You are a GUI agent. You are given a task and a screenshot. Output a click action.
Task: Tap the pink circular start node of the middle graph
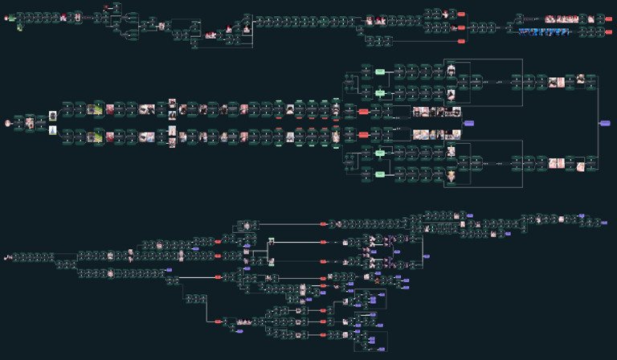pos(8,123)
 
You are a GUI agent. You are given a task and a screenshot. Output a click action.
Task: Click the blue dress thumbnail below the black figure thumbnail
pos(53,130)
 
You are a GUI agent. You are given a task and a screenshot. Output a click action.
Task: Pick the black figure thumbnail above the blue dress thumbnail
pos(53,116)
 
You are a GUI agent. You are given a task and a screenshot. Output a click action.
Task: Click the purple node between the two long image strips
pos(469,123)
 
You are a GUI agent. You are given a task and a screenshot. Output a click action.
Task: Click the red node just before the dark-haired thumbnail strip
pos(363,112)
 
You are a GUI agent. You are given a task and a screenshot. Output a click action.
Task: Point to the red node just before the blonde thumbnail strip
pos(363,134)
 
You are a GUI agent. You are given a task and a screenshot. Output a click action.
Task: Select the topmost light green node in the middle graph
pos(380,72)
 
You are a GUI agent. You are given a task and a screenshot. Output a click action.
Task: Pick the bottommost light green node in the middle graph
pos(380,174)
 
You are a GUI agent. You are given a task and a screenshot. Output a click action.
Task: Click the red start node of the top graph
pos(7,18)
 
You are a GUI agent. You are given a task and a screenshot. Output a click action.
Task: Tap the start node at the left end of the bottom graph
pos(7,257)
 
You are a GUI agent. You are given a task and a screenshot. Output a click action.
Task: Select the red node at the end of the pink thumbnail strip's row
pos(608,18)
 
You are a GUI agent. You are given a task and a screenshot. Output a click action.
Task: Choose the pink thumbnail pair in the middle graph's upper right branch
pos(557,82)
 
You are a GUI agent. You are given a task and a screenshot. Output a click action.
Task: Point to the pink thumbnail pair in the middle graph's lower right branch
pos(557,164)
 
